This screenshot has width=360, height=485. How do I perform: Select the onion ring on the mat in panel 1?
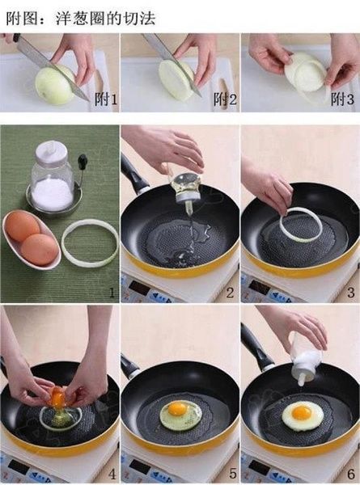coord(90,243)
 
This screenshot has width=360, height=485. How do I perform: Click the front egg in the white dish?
coord(40,249)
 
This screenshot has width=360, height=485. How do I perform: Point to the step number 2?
coord(230,293)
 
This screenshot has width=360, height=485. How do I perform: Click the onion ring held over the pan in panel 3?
coord(300,226)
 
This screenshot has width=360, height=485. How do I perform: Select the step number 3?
coord(349,293)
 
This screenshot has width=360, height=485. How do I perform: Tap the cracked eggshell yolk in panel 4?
coord(58,397)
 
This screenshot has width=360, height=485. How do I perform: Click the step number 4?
coord(111,474)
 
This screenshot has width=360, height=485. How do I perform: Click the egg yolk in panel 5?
coord(178,408)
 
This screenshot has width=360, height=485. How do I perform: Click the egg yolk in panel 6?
coord(301,412)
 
